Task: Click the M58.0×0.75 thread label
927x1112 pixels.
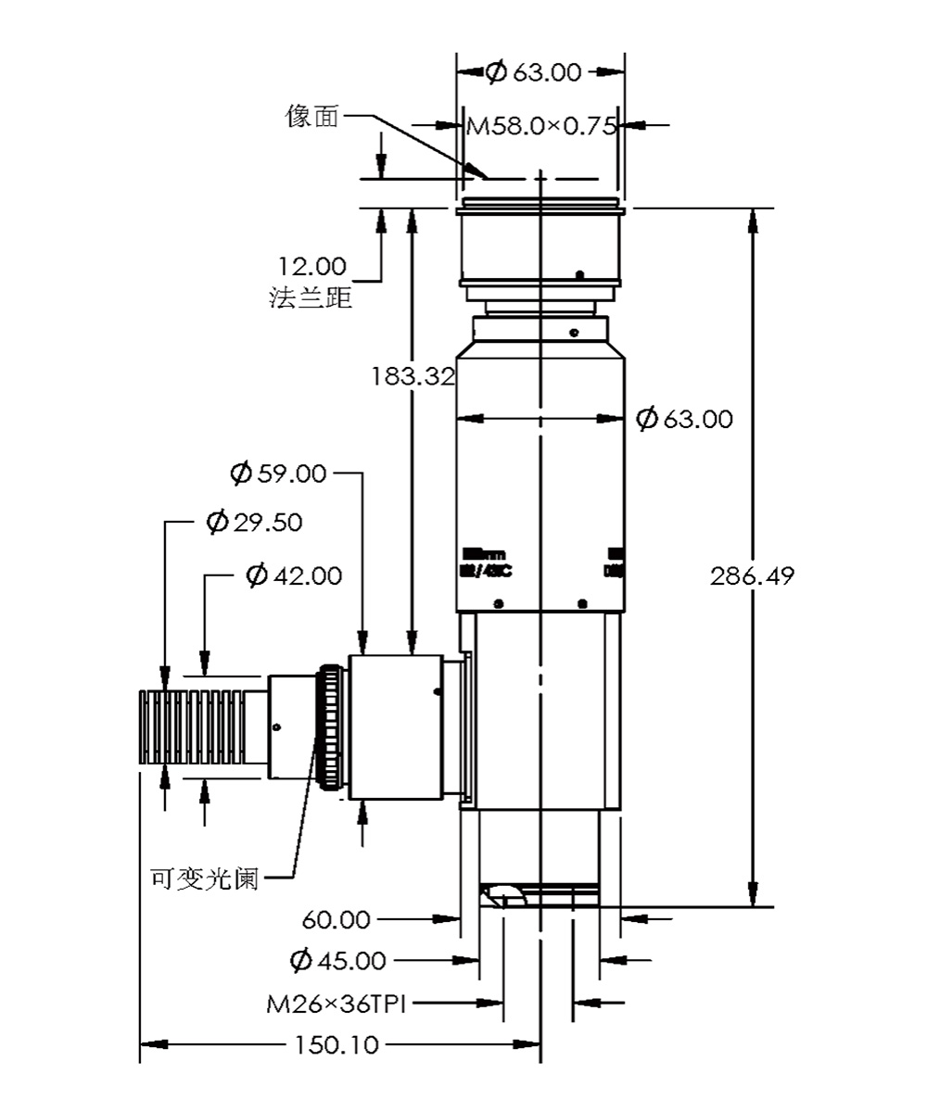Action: [x=540, y=125]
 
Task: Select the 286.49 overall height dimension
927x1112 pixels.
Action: [x=752, y=575]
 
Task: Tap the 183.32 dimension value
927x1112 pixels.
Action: [x=413, y=376]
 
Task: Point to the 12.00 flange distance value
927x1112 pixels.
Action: [x=312, y=267]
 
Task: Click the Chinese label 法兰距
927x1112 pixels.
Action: [x=311, y=298]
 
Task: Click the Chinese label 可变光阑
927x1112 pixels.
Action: [x=204, y=877]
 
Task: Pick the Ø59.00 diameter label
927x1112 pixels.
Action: [x=278, y=474]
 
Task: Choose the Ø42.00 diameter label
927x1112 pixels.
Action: [x=294, y=575]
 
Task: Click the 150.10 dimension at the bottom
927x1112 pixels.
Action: [x=337, y=1045]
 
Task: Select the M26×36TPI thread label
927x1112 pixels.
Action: [x=337, y=1004]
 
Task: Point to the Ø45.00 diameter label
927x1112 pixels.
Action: [x=337, y=960]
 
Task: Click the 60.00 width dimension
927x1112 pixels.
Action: [x=337, y=920]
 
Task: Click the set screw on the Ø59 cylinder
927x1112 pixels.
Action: [x=437, y=690]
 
